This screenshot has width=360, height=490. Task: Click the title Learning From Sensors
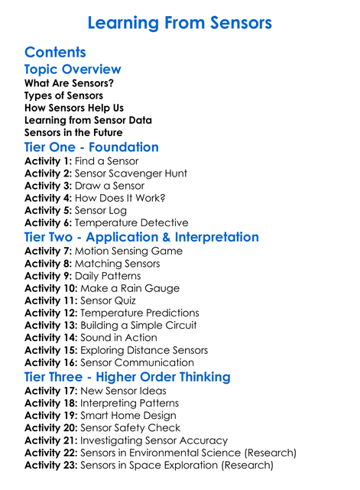(x=180, y=23)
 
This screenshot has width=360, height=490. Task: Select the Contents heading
(x=55, y=53)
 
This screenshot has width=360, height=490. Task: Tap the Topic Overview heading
(x=73, y=70)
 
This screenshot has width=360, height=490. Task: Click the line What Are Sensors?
(x=63, y=83)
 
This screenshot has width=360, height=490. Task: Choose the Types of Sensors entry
(x=63, y=96)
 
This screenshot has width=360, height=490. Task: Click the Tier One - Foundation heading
(x=92, y=148)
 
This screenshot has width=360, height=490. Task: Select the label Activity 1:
(x=48, y=161)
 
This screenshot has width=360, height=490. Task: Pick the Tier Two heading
(x=141, y=238)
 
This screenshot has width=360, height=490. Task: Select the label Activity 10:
(x=51, y=288)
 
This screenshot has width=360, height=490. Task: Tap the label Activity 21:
(x=51, y=440)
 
